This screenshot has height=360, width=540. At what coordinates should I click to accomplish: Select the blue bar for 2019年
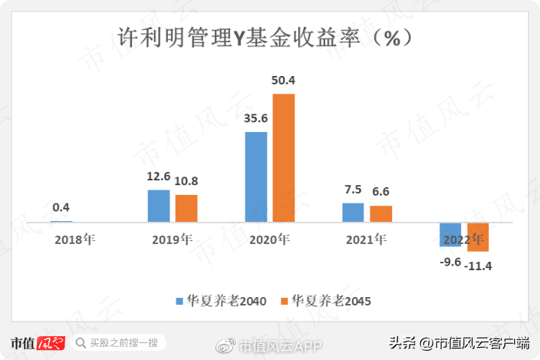[158, 206]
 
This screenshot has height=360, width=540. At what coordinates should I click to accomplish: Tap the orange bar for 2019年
[186, 208]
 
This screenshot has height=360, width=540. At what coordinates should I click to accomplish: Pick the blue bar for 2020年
[255, 177]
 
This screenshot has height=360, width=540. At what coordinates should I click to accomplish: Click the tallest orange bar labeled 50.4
[284, 158]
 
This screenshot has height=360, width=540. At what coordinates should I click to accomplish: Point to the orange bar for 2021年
[381, 214]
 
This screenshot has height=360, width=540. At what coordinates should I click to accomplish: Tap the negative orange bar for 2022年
[478, 236]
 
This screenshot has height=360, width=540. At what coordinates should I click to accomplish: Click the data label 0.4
[61, 207]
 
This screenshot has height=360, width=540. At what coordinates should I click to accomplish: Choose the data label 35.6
[255, 118]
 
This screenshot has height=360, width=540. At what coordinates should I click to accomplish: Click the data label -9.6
[449, 262]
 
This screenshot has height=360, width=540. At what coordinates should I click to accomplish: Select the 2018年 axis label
[75, 239]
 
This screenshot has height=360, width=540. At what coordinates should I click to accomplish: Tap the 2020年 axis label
[269, 239]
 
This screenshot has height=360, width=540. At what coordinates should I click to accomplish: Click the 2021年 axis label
[367, 239]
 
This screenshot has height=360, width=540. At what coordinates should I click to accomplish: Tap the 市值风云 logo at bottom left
[37, 342]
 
